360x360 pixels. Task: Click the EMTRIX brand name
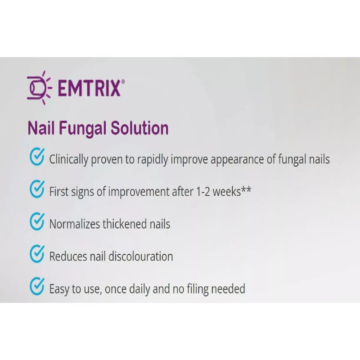pos(89,88)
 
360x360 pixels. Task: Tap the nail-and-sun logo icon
pos(39,88)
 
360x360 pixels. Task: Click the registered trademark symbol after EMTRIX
pos(123,81)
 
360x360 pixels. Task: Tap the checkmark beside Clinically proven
pos(37,157)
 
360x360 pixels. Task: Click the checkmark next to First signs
pos(37,189)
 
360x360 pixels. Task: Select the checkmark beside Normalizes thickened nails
pos(37,221)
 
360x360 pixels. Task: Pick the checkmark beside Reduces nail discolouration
pos(37,254)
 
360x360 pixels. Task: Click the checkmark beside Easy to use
pos(37,286)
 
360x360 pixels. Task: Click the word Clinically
pos(69,160)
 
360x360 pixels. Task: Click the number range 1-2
pos(203,192)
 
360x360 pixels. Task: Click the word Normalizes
pos(75,224)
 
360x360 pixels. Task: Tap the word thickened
pos(125,224)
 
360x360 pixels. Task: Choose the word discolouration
pos(140,256)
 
